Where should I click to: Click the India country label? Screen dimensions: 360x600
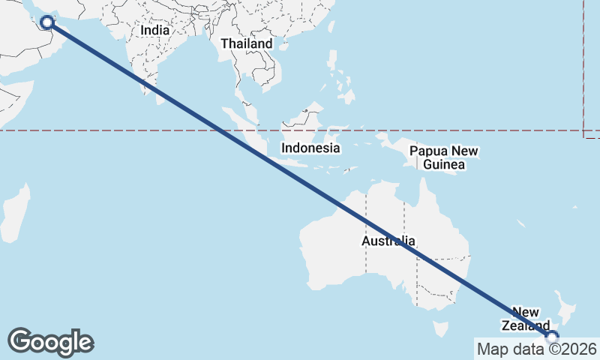point(155,31)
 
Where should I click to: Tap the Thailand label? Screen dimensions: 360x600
point(247,44)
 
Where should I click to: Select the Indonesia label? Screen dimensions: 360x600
point(310,148)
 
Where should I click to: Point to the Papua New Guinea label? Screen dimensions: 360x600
point(444,157)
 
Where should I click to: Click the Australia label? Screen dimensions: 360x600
point(388,241)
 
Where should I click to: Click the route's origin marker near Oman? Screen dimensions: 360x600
point(47,22)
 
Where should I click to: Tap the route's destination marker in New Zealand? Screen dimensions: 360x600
point(552,337)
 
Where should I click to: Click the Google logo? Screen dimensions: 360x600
point(50,342)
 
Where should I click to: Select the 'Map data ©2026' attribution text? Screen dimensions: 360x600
point(536,349)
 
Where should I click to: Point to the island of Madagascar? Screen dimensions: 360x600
point(14,214)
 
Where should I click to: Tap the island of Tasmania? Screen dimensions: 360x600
point(442,328)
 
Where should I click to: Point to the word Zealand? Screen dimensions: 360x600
point(526,325)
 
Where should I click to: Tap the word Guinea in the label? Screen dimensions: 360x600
point(444,164)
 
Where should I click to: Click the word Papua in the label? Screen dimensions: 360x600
point(424,151)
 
